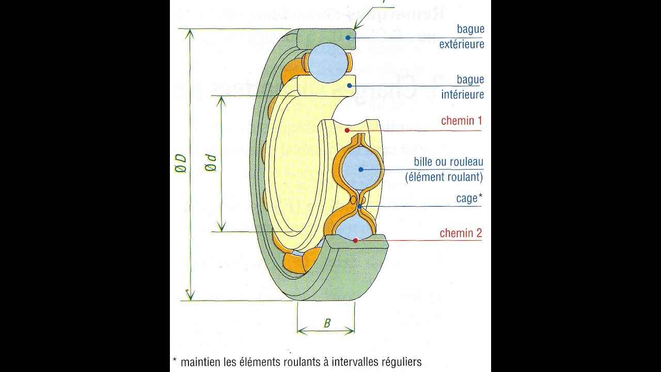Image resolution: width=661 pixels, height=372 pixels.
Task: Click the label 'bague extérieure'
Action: tap(462, 37)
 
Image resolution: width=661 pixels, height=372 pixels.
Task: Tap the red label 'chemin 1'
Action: tap(461, 121)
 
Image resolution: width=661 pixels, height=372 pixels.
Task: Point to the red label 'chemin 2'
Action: tap(461, 234)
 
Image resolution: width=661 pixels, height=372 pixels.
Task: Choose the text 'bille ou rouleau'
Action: tap(448, 162)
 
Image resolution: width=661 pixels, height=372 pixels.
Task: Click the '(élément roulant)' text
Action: tap(444, 177)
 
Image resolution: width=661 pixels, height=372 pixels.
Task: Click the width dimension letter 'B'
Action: tap(327, 324)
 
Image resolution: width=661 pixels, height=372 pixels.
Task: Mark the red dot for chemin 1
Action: tap(348, 130)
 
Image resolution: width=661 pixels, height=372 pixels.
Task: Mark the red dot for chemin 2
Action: tap(355, 240)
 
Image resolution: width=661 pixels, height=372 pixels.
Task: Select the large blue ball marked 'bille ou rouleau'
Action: tap(361, 169)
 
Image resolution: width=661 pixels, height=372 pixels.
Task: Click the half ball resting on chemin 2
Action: tap(356, 228)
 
